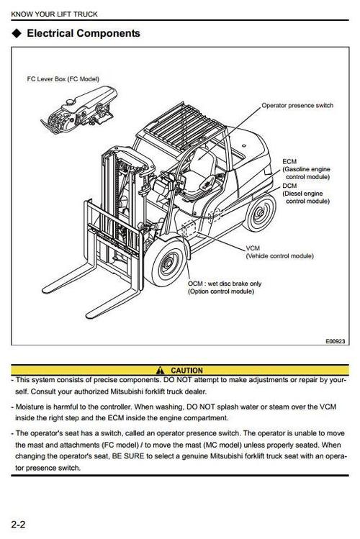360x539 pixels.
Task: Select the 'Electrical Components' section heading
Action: point(83,33)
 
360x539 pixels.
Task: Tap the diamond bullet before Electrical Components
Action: point(16,33)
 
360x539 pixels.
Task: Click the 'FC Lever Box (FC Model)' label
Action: point(58,79)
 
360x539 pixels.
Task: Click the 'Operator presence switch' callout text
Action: point(297,106)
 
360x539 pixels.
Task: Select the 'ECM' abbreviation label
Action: point(289,161)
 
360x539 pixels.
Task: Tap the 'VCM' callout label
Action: point(253,248)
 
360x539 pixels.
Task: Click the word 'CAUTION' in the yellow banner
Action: point(186,371)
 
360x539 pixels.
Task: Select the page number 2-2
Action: point(19,523)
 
